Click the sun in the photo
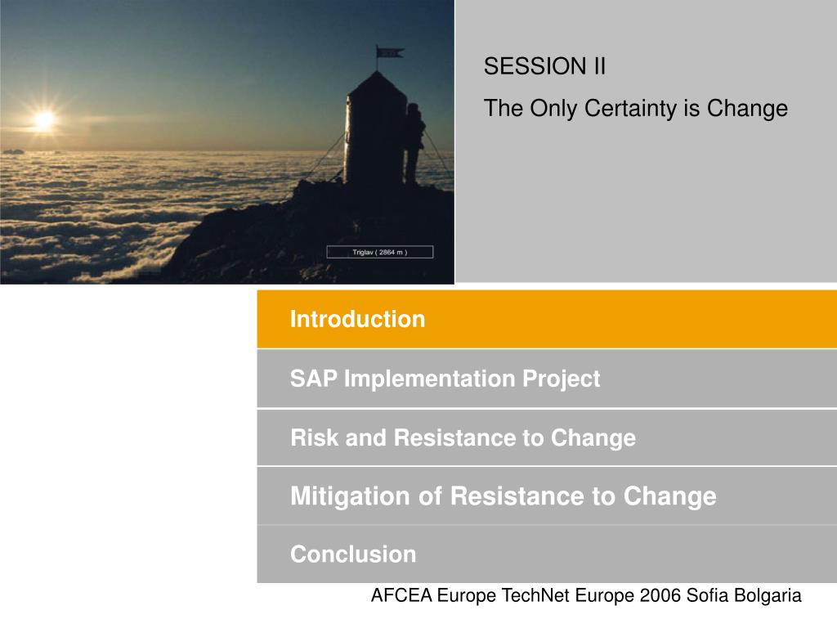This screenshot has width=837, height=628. [44, 119]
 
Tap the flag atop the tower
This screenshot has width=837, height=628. [390, 52]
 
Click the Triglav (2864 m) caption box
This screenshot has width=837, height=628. [379, 252]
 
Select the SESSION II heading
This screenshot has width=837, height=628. [544, 66]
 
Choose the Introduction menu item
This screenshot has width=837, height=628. [358, 320]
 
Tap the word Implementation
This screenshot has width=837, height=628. [430, 379]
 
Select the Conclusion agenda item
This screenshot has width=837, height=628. [353, 554]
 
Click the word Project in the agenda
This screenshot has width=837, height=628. [561, 379]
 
